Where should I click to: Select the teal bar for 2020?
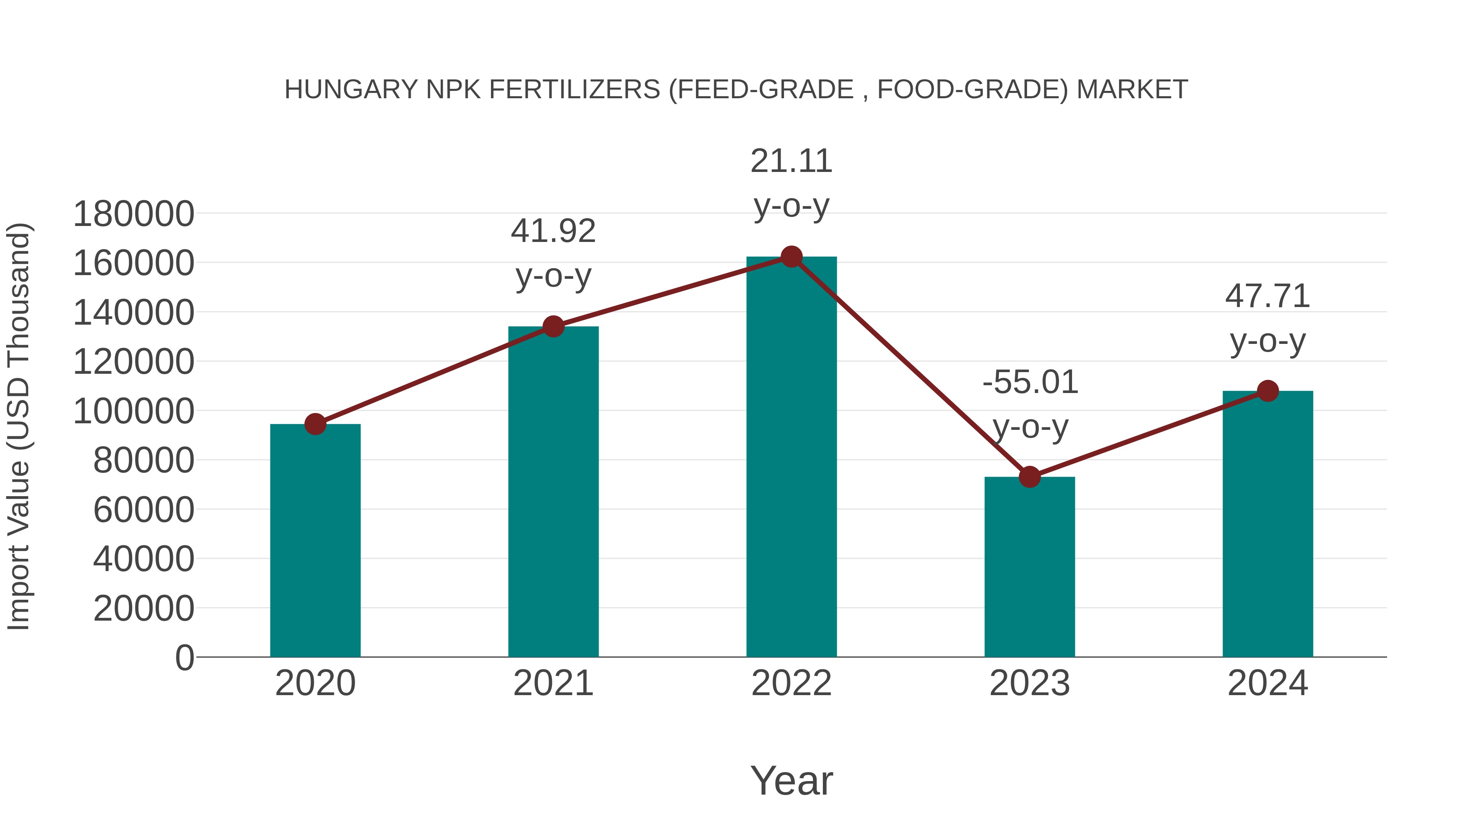[x=315, y=541]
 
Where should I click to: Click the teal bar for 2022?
[x=791, y=458]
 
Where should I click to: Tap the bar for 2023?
[x=1029, y=567]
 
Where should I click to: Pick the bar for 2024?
[x=1268, y=524]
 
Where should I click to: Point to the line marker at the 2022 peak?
[x=791, y=257]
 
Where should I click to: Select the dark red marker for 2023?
[x=1029, y=477]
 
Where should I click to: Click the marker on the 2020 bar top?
[x=315, y=424]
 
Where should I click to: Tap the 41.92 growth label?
[x=553, y=231]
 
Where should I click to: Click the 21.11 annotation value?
[x=791, y=161]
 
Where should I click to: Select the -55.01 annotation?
[x=1030, y=382]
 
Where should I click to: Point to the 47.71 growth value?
[x=1268, y=296]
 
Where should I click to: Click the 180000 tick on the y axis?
[x=134, y=215]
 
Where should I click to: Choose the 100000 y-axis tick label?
[x=134, y=411]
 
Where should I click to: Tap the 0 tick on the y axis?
[x=185, y=658]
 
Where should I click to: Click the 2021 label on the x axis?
[x=553, y=683]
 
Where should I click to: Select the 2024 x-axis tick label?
[x=1268, y=683]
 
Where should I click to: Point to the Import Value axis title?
[x=18, y=426]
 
